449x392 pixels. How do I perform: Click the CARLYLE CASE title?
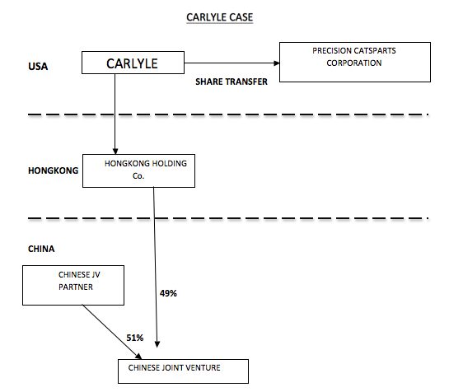223,16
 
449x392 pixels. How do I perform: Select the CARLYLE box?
133,63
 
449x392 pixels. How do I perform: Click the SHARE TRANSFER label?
232,82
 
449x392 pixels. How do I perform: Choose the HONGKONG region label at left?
53,170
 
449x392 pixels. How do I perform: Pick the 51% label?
134,338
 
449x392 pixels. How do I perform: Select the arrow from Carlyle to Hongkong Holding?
115,115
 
